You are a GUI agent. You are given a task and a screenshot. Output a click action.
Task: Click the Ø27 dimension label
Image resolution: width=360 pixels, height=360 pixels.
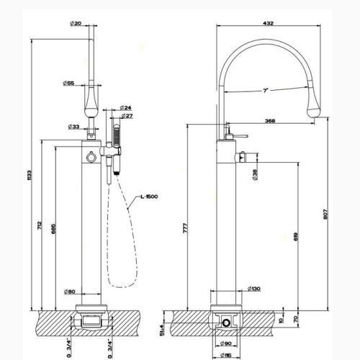tap(126, 115)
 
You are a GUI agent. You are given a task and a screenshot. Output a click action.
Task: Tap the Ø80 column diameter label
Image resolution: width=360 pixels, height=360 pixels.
tap(69, 291)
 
